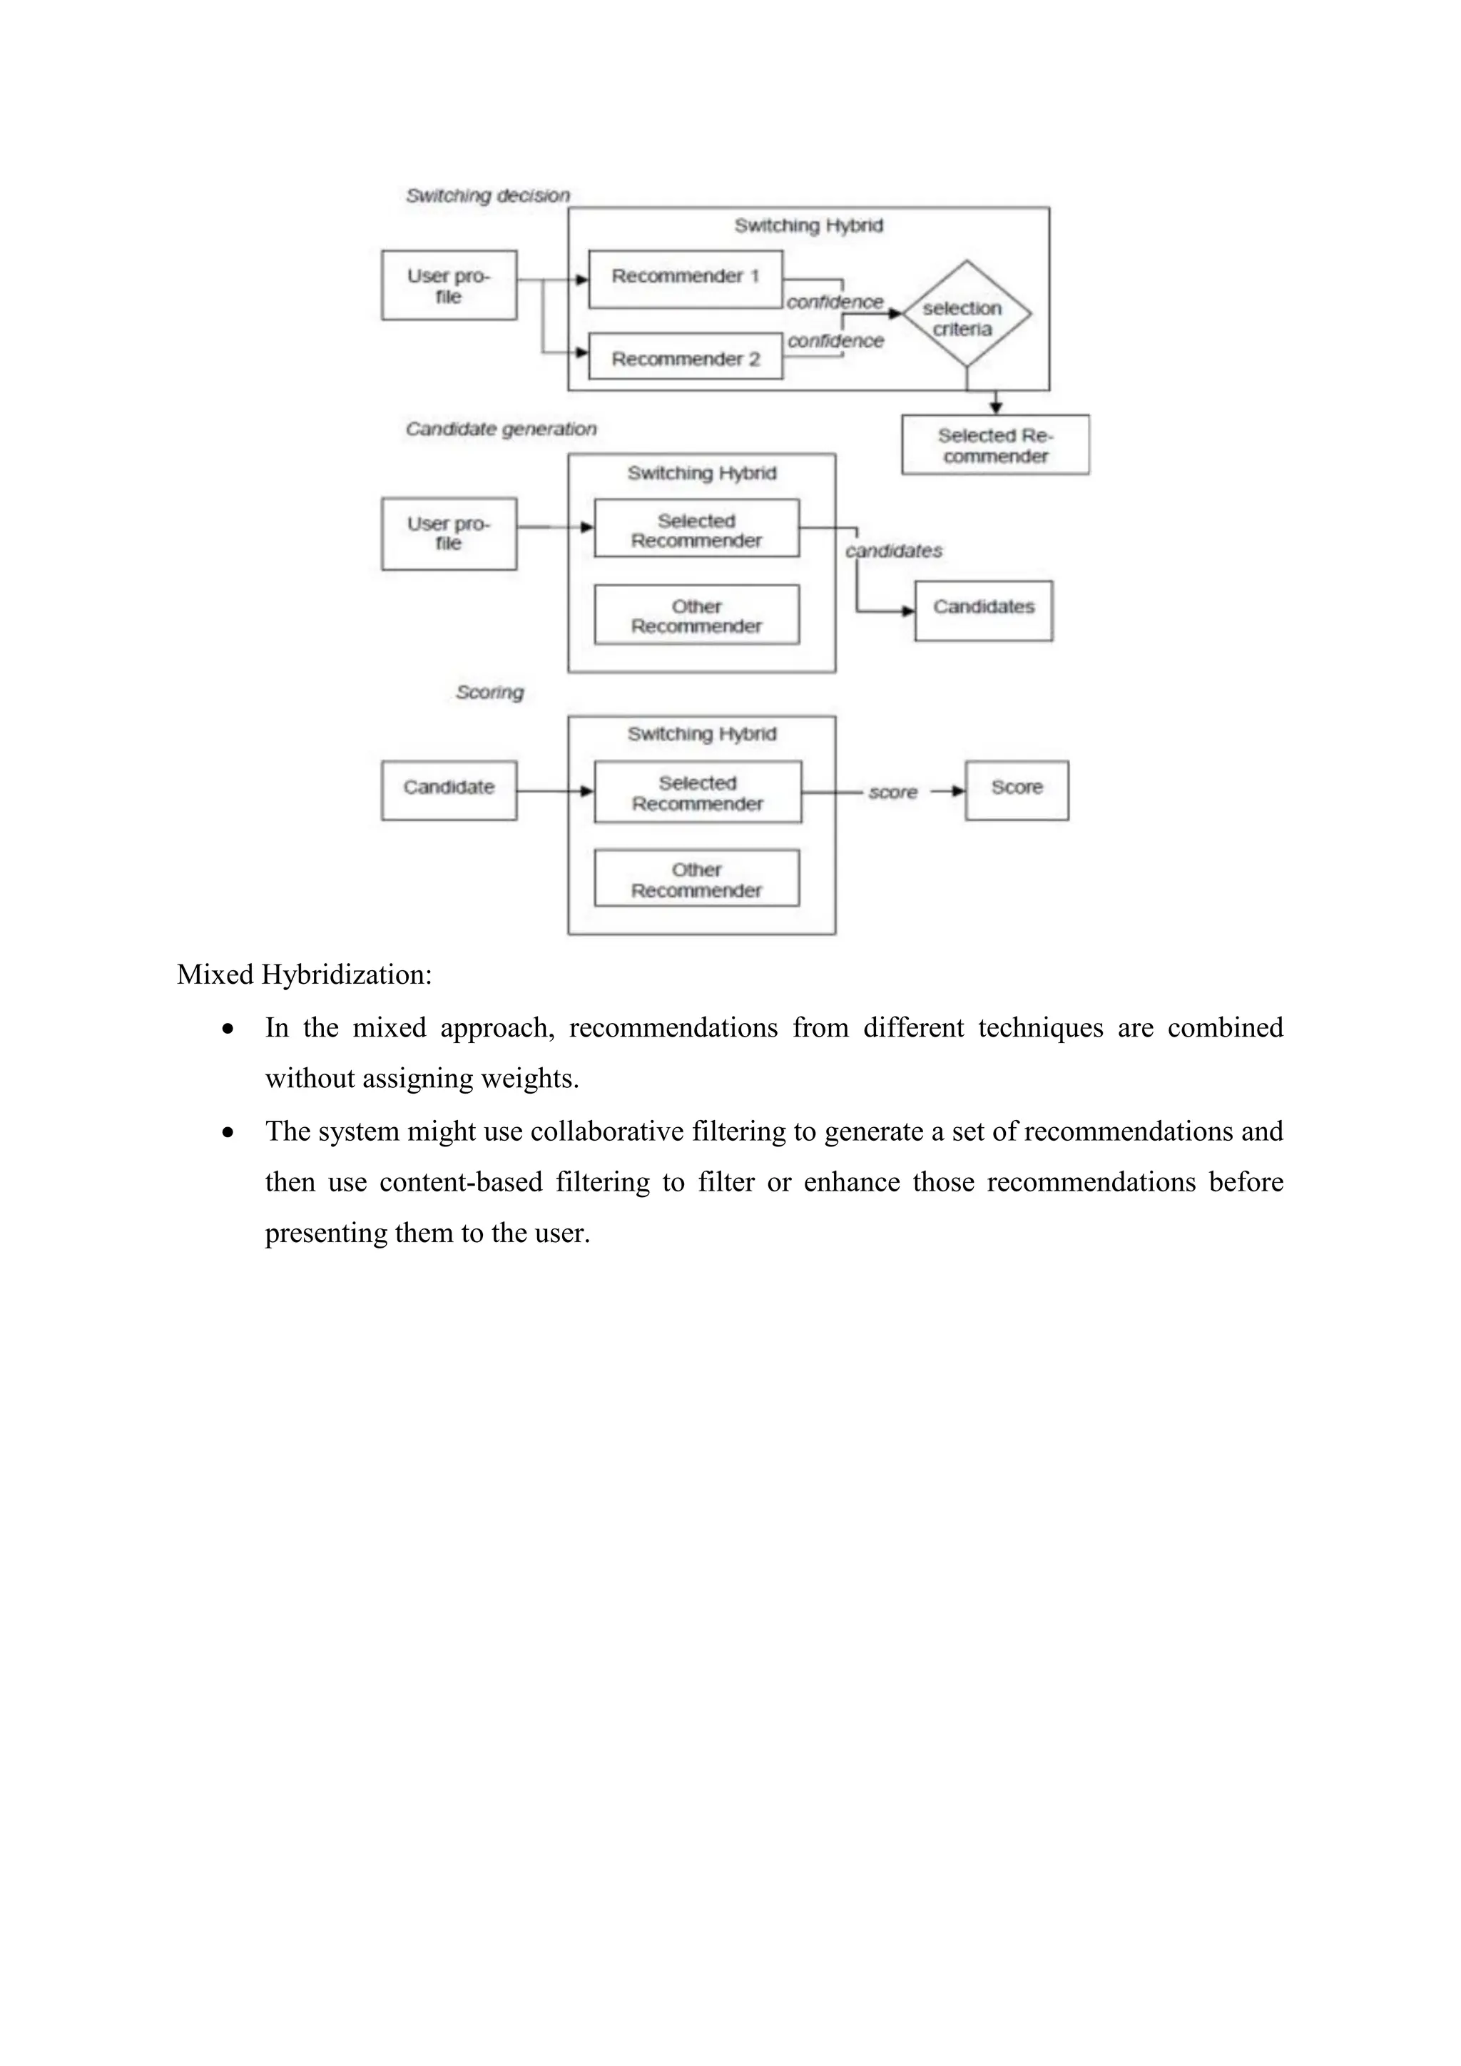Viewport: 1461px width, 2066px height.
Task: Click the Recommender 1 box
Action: [x=685, y=279]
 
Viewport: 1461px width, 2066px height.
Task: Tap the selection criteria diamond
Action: [x=965, y=315]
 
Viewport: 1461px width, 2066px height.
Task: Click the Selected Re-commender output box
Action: [x=995, y=444]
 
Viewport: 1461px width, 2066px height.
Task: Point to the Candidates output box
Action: [x=983, y=610]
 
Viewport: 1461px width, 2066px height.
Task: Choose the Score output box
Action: [x=1017, y=789]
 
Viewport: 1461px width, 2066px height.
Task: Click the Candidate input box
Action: [x=448, y=789]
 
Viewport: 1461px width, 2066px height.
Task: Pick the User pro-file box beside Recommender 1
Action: [x=448, y=285]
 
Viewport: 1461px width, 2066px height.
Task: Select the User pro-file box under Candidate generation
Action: [x=448, y=533]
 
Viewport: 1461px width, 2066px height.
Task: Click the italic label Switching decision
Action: [x=488, y=195]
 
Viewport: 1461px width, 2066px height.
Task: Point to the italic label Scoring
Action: [x=489, y=692]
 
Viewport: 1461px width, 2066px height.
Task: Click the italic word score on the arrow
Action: [x=892, y=792]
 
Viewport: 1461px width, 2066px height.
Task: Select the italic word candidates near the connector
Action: [x=895, y=551]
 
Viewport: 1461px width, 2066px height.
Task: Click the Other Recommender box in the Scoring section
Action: [x=696, y=878]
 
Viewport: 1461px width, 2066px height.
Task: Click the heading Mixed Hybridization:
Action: [x=304, y=975]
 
